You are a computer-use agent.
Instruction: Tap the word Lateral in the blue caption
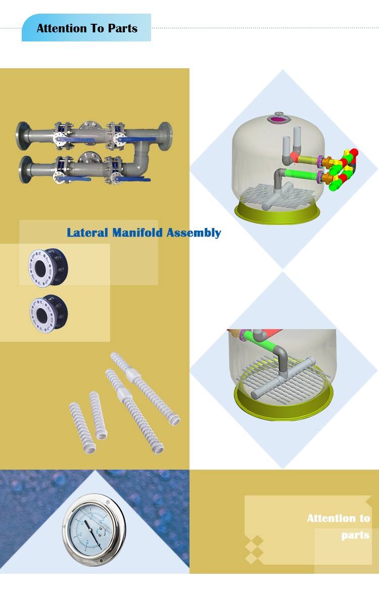point(87,233)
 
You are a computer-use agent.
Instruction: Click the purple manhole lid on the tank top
point(278,119)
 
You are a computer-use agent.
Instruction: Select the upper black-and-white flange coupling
point(48,267)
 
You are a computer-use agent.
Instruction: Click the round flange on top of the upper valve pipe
point(90,124)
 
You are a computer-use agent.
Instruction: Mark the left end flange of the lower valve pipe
point(24,166)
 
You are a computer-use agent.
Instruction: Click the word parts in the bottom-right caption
point(355,535)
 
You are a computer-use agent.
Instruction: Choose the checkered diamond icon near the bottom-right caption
point(254,549)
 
